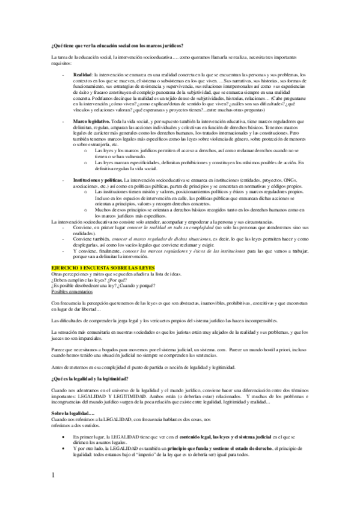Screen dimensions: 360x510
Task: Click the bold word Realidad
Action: [82, 73]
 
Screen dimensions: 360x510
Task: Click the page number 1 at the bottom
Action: [53, 477]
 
